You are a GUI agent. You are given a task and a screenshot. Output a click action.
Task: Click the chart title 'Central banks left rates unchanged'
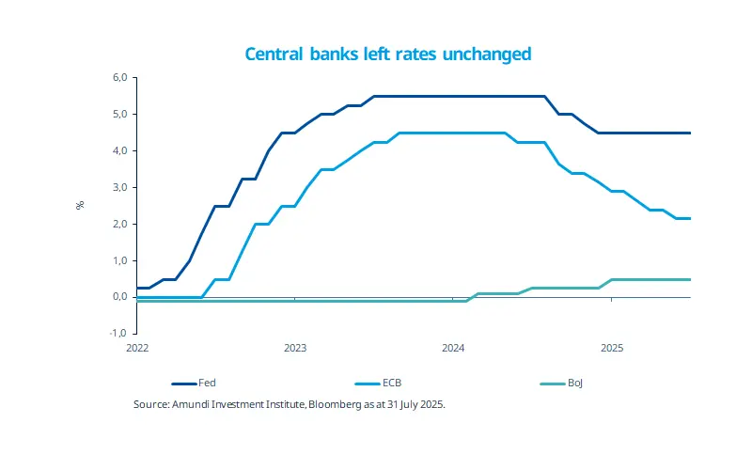pos(388,54)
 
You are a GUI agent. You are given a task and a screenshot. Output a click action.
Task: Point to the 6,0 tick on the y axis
pos(119,77)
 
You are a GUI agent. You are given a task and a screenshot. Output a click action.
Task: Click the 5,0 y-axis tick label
pos(119,114)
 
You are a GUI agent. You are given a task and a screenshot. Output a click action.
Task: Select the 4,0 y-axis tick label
pos(119,150)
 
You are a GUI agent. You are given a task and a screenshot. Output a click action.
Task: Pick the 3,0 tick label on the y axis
pos(119,187)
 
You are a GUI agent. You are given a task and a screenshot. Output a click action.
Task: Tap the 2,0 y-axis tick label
pos(119,224)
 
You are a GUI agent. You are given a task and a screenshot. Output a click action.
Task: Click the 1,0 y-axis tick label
pos(119,260)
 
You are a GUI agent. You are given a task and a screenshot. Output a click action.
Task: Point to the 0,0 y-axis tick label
pos(119,297)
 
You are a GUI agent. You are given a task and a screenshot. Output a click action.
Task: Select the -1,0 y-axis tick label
pos(117,334)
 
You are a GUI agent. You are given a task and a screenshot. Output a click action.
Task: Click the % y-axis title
pos(81,205)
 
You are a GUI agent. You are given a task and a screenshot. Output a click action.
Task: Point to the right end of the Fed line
pos(690,133)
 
